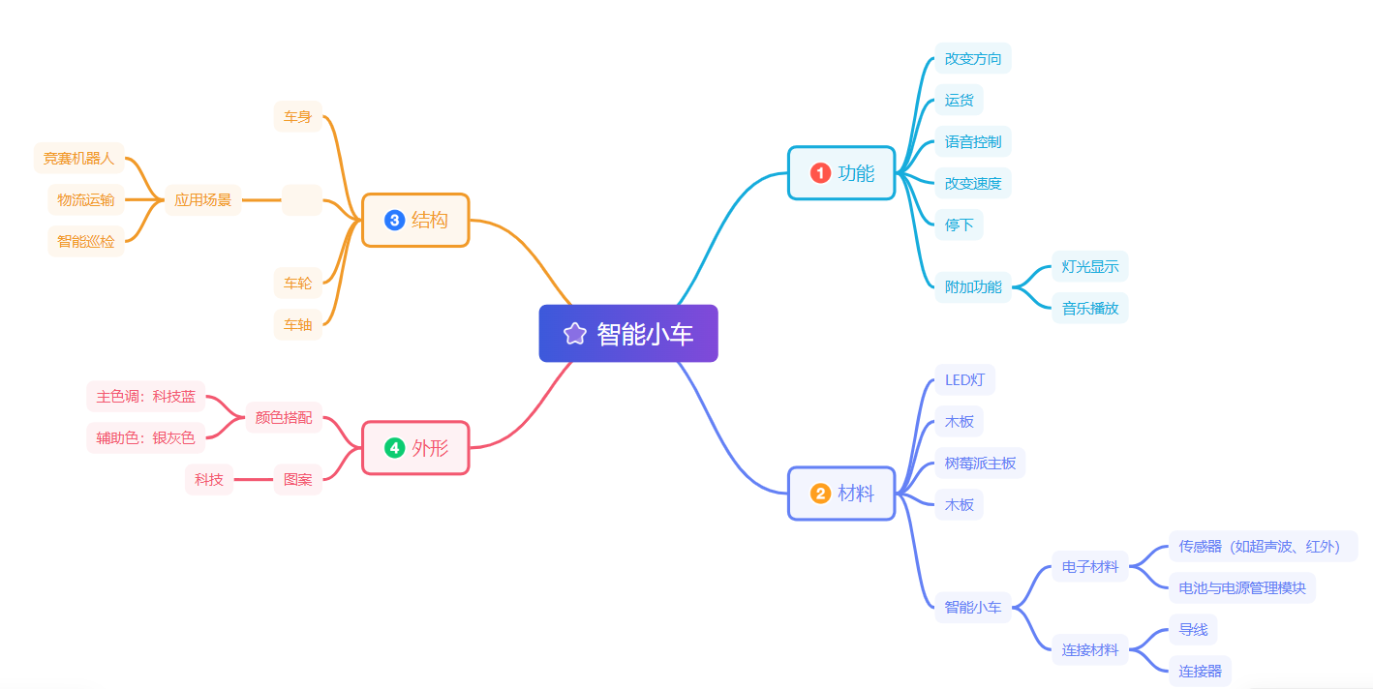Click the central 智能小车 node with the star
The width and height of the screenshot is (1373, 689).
(628, 334)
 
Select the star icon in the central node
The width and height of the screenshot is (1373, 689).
(575, 334)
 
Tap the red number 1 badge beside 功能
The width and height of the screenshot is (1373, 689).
(821, 173)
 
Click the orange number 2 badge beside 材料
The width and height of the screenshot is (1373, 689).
(821, 494)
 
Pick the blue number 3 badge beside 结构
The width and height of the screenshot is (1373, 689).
(394, 220)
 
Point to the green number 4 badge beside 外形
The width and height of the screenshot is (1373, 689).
(394, 448)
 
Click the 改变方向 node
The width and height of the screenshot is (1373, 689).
(973, 58)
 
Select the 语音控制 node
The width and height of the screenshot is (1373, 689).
(973, 141)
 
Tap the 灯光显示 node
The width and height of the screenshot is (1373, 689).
(1090, 267)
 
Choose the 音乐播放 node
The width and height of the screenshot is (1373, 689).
(1090, 309)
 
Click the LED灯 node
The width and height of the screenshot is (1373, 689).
(964, 379)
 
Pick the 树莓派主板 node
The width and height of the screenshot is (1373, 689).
(980, 464)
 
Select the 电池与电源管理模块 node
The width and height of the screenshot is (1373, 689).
(1242, 587)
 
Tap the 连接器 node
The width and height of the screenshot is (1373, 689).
(1200, 671)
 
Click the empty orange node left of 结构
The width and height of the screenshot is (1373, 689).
(302, 200)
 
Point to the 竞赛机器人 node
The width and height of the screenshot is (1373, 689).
(79, 158)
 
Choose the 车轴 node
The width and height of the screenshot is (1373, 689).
(298, 325)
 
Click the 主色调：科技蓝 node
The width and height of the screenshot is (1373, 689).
(146, 397)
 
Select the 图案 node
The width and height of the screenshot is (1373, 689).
(298, 479)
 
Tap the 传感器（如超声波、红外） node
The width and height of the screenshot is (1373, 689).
(1263, 546)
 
